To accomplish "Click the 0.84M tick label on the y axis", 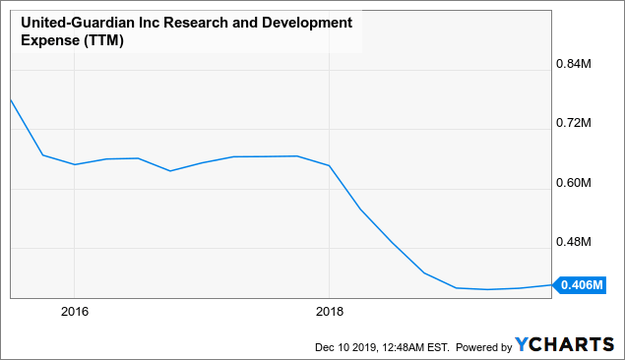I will click(x=573, y=65).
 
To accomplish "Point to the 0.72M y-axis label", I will click(x=573, y=124).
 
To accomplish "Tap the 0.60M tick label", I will click(x=573, y=183).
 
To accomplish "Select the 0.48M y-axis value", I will click(x=573, y=242).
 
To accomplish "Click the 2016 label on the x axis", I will click(x=75, y=313).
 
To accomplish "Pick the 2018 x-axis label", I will click(x=329, y=313).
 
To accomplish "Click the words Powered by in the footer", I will click(x=477, y=346).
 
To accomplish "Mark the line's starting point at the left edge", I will click(x=11, y=100).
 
